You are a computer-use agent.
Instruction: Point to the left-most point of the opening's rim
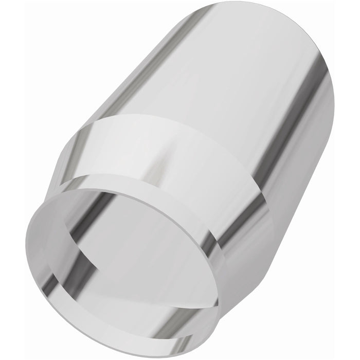pyautogui.click(x=27, y=231)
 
